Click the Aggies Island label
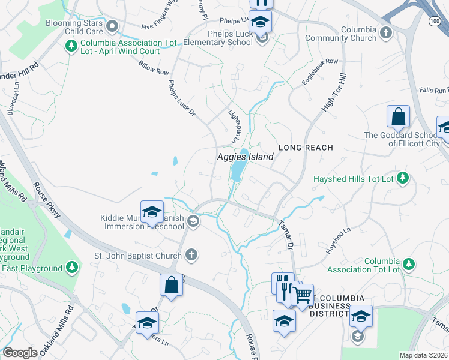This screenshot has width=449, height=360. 245,157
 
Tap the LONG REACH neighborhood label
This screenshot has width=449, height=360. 305,147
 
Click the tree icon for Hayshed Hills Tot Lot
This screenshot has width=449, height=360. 403,178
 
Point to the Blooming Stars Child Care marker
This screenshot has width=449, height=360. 112,26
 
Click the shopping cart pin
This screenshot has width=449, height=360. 302,295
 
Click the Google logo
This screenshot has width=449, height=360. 20,353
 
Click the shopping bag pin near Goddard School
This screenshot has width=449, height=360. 398,116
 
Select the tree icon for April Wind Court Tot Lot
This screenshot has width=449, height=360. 71,45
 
